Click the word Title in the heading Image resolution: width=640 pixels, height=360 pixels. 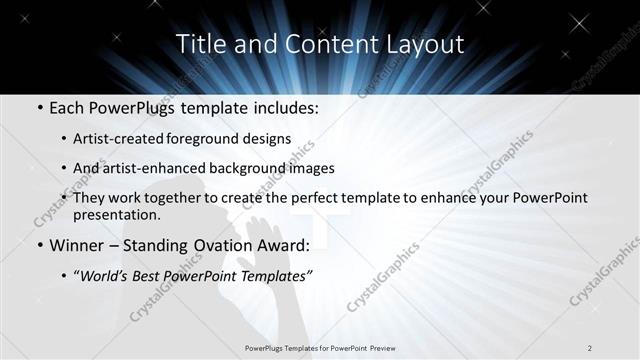pyautogui.click(x=200, y=45)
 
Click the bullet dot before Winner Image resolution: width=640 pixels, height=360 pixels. pyautogui.click(x=38, y=244)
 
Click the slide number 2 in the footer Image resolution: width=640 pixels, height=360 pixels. pyautogui.click(x=589, y=347)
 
